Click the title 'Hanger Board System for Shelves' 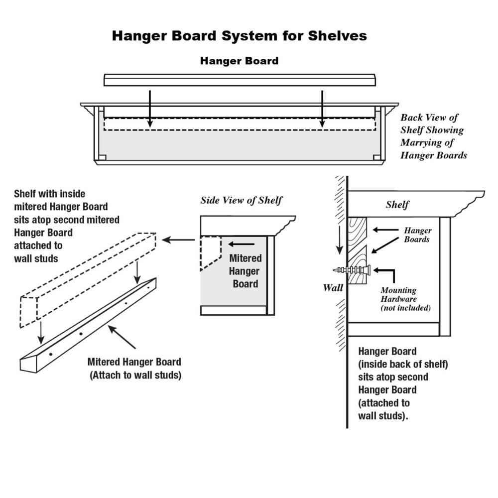click(x=239, y=36)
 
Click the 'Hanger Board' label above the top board click(x=239, y=61)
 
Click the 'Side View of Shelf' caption click(x=241, y=200)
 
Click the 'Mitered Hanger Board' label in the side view click(x=245, y=271)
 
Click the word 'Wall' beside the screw click(x=333, y=287)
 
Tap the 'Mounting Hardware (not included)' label click(x=405, y=299)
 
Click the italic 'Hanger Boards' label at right click(x=417, y=235)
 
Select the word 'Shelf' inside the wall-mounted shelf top click(x=397, y=205)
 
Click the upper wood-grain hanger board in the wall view click(x=357, y=230)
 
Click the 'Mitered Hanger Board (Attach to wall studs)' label click(x=135, y=369)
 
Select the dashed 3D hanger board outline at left click(x=87, y=279)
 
